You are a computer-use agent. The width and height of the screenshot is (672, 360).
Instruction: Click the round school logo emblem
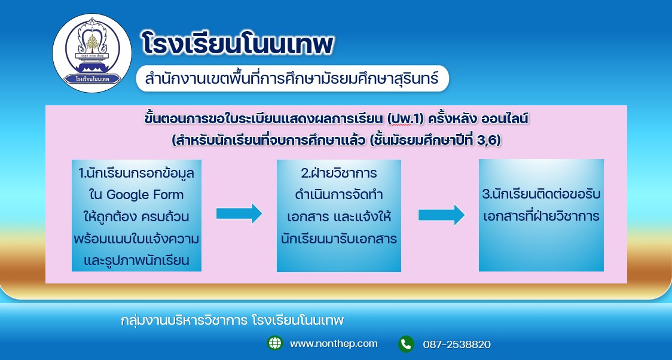click(x=92, y=53)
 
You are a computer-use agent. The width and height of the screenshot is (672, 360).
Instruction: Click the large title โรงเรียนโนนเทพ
click(x=237, y=44)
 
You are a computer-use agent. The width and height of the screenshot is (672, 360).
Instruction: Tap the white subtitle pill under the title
click(x=292, y=78)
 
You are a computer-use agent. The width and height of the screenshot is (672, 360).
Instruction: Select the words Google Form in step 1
click(x=145, y=195)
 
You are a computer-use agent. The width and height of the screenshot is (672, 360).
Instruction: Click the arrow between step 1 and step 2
click(x=239, y=213)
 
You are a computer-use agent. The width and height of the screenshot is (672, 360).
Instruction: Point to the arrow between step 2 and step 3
click(x=441, y=215)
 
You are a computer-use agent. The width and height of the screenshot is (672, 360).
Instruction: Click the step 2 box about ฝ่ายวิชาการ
click(x=339, y=215)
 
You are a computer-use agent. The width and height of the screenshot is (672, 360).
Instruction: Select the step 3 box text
click(x=541, y=205)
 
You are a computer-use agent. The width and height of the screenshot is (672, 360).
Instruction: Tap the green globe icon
click(x=274, y=343)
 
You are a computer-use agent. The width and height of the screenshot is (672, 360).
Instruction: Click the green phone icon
click(x=406, y=344)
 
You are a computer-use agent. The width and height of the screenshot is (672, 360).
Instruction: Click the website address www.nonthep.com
click(x=334, y=344)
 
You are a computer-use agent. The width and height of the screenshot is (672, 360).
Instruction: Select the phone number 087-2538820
click(x=457, y=344)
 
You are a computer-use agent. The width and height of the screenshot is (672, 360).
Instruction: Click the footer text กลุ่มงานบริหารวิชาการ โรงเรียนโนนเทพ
click(x=233, y=320)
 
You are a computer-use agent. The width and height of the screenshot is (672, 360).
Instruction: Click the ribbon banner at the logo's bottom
click(x=92, y=80)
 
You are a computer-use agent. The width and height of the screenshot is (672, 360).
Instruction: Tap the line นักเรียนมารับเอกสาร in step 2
click(x=339, y=238)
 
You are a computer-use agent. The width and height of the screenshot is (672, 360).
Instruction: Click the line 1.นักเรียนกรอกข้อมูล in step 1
click(x=136, y=173)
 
